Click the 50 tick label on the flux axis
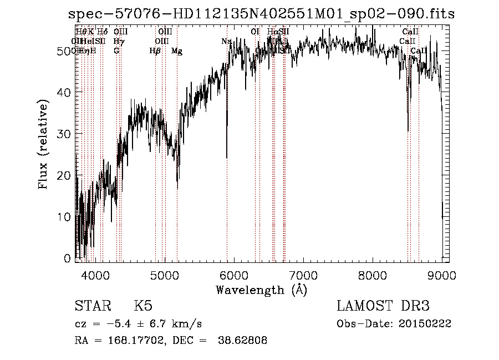tap(65, 51)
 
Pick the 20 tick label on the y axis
tap(65, 175)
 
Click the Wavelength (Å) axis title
tap(261, 290)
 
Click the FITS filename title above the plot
tap(261, 14)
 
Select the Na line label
tap(226, 42)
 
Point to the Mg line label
tap(177, 51)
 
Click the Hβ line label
tap(155, 51)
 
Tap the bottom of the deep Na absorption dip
tap(227, 158)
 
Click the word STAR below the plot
tap(92, 307)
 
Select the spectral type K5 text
tap(142, 307)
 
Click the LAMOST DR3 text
tap(383, 307)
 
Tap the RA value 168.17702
tap(133, 341)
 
